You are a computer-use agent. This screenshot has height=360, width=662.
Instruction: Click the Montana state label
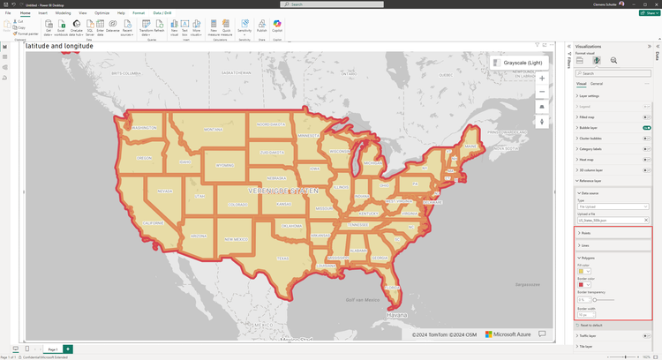(x=213, y=129)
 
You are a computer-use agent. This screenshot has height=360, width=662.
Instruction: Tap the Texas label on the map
(x=282, y=259)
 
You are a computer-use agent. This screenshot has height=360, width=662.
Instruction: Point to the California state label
(x=154, y=223)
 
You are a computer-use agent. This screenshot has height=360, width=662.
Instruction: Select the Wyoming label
(x=225, y=165)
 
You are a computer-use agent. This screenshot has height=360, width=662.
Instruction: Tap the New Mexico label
(x=234, y=239)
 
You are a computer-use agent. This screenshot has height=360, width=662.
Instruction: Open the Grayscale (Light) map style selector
(x=521, y=63)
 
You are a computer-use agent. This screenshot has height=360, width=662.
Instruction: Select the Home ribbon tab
(x=25, y=13)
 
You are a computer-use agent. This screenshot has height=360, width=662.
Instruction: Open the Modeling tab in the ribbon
(x=63, y=13)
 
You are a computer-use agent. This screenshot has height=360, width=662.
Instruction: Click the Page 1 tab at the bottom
(x=53, y=349)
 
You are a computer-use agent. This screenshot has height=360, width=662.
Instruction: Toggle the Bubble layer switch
(x=647, y=127)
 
